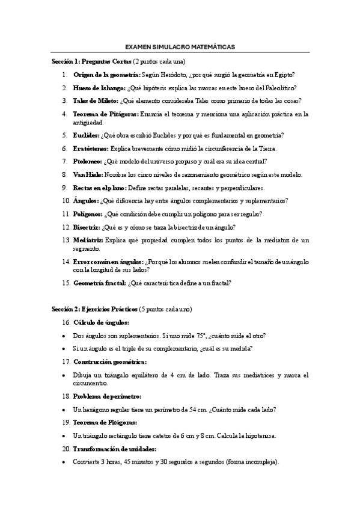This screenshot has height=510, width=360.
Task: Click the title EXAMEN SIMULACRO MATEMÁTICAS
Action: coord(180,46)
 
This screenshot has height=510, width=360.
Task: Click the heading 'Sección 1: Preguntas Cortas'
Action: coord(91,61)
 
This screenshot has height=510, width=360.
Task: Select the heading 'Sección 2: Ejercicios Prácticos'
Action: coord(94,309)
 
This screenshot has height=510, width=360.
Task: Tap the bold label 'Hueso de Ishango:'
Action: coord(99,88)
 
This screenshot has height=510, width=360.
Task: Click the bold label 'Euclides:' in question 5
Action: coord(87,135)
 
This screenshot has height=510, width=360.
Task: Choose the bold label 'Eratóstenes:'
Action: coord(91,148)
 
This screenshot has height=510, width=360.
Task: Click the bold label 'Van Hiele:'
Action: coord(88,174)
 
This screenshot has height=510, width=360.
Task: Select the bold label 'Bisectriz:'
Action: coord(87,227)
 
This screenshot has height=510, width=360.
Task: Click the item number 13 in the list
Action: coord(66,240)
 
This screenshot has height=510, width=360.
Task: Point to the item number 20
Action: coord(66,449)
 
